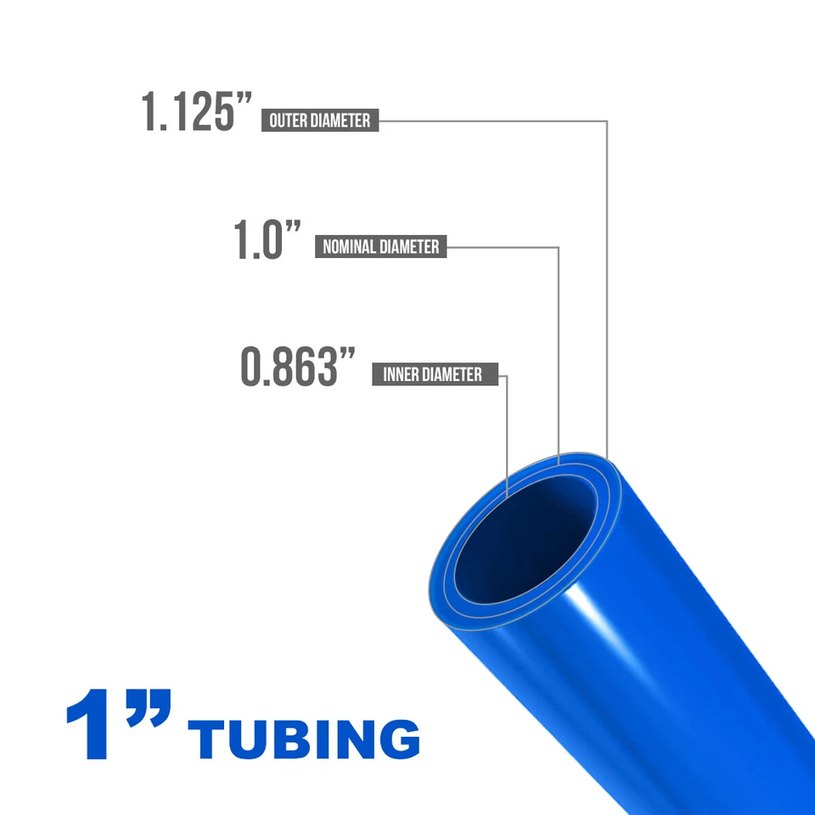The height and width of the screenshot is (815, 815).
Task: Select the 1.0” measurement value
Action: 268,241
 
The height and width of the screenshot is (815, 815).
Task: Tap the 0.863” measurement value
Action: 297,368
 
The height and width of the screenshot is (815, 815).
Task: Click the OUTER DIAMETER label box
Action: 320,121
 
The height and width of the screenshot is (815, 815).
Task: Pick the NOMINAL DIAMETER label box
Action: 381,247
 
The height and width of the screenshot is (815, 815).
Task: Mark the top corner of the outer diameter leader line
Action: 607,121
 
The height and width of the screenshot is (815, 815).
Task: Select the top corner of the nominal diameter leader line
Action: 558,247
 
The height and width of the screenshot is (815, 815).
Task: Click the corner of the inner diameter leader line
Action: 507,374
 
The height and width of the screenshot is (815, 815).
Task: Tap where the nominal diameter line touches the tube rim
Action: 558,463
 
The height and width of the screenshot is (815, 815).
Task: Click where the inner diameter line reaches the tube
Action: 507,494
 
